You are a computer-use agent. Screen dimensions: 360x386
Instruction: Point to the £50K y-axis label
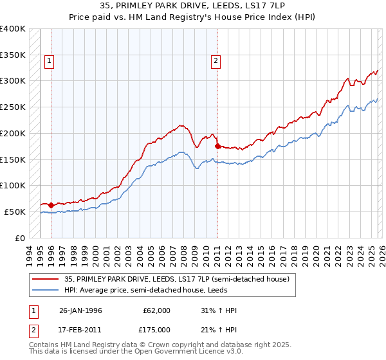15,212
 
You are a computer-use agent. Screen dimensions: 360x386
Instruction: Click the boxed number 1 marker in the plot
49,61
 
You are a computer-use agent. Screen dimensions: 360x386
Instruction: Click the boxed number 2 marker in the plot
215,61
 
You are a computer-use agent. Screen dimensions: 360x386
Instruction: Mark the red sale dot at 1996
51,206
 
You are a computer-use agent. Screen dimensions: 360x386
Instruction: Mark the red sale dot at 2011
217,146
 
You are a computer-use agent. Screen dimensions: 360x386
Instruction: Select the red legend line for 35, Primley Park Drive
46,279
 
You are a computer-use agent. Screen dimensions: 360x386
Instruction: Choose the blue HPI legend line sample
46,290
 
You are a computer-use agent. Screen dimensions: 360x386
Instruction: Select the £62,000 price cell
157,310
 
